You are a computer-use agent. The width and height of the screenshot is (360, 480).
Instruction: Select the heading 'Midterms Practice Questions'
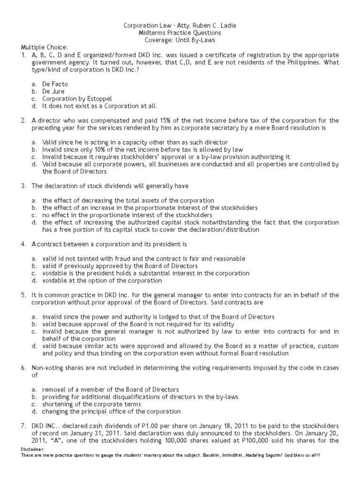(180, 33)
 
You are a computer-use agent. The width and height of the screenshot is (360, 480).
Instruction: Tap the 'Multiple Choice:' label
(44, 47)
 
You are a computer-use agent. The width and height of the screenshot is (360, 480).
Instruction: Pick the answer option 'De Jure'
(53, 91)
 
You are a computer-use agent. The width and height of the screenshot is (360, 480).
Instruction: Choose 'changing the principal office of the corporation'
(111, 411)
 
